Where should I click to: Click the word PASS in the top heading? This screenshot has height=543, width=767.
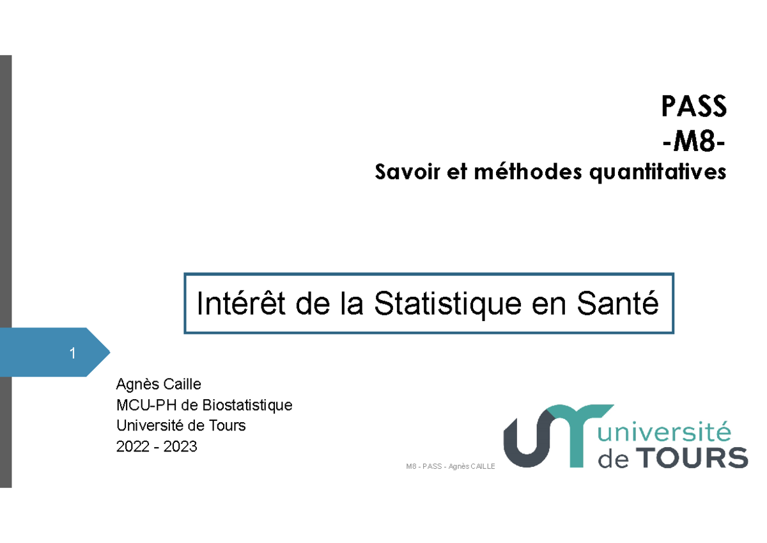(x=694, y=107)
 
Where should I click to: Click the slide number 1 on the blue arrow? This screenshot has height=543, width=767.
(x=73, y=352)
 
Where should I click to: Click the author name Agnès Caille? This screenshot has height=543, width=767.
(x=159, y=384)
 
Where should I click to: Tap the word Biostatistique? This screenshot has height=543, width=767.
(x=247, y=405)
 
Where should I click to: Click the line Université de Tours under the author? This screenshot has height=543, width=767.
(x=180, y=425)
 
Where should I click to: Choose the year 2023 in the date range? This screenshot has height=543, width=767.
(x=181, y=446)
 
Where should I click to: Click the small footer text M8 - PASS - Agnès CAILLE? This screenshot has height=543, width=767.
(x=451, y=467)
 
